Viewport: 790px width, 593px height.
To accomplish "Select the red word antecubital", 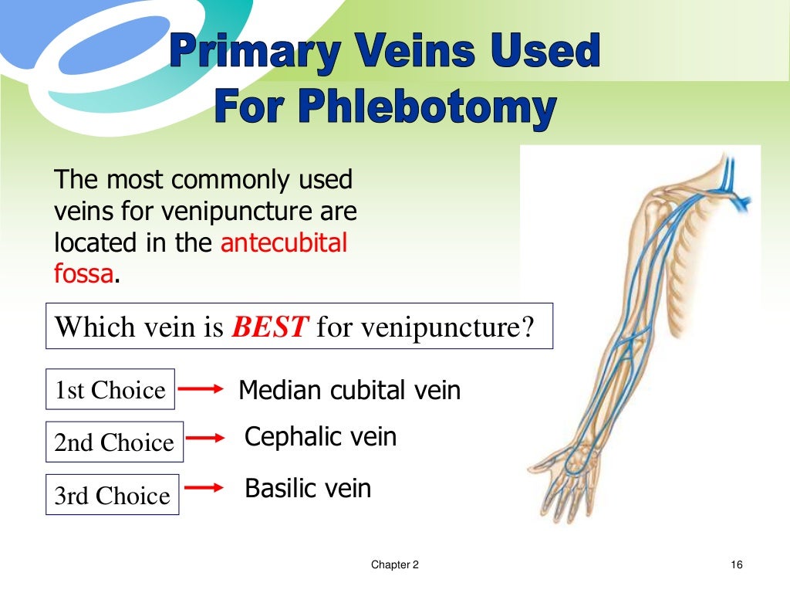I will click(x=284, y=243).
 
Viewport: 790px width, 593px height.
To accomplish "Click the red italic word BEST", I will click(x=271, y=327).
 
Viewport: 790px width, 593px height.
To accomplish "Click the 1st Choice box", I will click(x=110, y=389).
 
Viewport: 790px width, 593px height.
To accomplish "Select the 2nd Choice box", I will click(x=114, y=442).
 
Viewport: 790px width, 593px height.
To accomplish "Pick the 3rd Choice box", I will click(x=112, y=495).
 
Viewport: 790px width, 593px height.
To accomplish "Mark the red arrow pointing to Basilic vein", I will click(x=205, y=488).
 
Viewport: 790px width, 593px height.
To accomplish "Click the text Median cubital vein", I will click(x=349, y=390).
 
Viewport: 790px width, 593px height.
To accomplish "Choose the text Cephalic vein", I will click(x=320, y=437).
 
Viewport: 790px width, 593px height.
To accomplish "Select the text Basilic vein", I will click(x=308, y=488).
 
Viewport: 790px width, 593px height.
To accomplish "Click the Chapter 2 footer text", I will click(x=394, y=565).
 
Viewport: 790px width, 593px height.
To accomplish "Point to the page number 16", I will click(x=735, y=565).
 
